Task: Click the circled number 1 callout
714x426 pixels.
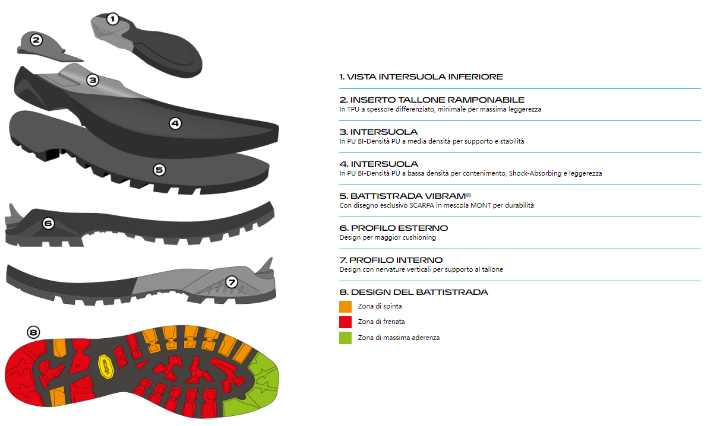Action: coord(112,19)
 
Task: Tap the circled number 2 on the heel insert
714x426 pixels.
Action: coord(36,40)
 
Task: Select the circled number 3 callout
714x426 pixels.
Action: coord(93,80)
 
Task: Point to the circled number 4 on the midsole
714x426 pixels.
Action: coord(175,123)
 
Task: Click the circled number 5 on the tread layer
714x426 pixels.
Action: coord(159,170)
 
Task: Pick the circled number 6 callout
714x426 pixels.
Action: coord(49,224)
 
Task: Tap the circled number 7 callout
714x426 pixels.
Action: coord(232,282)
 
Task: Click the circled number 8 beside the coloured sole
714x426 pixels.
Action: coord(33,333)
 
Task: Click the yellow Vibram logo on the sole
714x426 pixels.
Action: coord(106,367)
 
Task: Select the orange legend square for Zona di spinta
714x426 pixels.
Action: coord(345,307)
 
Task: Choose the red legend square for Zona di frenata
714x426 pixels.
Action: coord(345,322)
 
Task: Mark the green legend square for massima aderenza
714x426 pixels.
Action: coord(345,338)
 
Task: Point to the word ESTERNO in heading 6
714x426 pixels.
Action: coord(423,228)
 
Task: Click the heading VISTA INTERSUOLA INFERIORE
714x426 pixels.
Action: coord(421,77)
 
